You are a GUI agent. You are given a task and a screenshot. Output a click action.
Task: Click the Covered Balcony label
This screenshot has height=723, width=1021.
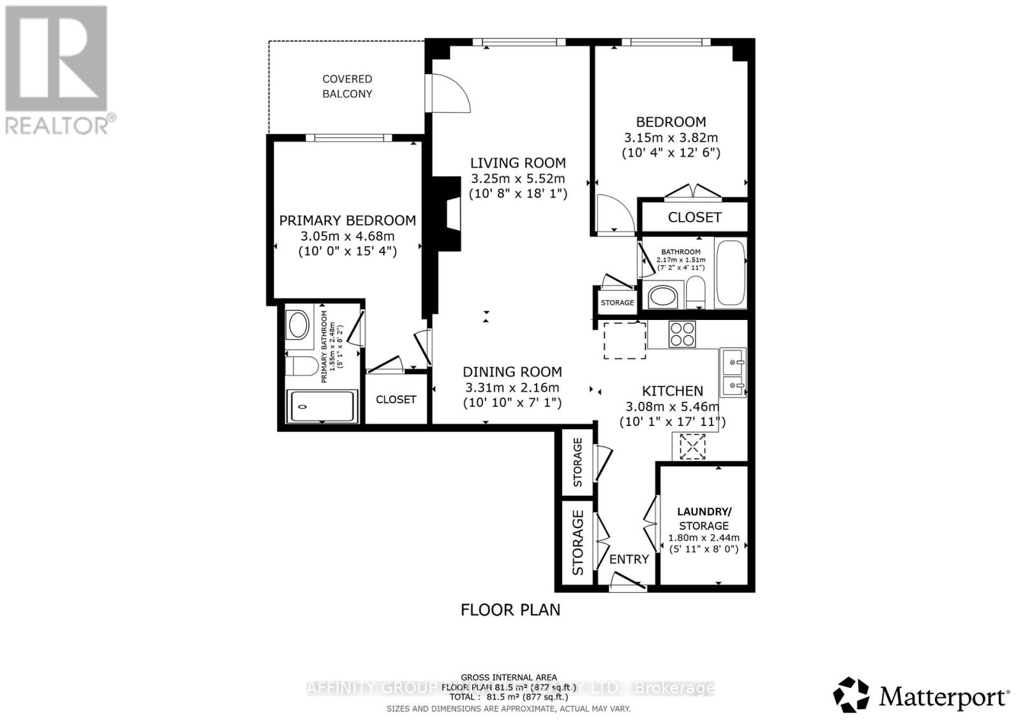pyautogui.click(x=347, y=86)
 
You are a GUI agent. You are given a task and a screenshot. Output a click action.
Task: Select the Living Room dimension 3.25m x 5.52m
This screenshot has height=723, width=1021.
pyautogui.click(x=518, y=178)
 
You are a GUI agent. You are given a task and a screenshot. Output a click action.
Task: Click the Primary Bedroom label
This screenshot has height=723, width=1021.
pyautogui.click(x=347, y=220)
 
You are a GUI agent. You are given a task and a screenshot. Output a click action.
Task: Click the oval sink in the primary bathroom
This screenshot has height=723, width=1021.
pyautogui.click(x=299, y=324)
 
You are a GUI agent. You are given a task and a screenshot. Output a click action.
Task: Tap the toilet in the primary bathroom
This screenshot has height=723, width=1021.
pyautogui.click(x=301, y=367)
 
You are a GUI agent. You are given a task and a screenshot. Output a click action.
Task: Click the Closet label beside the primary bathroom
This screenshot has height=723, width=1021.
pyautogui.click(x=396, y=399)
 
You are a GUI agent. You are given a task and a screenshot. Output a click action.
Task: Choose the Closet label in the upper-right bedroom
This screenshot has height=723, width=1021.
pyautogui.click(x=694, y=217)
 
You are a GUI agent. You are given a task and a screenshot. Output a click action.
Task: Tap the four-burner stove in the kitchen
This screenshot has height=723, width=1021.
pyautogui.click(x=682, y=333)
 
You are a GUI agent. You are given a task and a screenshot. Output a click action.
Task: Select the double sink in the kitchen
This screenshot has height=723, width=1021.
pyautogui.click(x=733, y=372)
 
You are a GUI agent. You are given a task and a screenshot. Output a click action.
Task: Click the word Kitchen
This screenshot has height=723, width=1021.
pyautogui.click(x=672, y=391)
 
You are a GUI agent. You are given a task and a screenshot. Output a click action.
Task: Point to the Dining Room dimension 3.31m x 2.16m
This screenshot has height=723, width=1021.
pyautogui.click(x=512, y=388)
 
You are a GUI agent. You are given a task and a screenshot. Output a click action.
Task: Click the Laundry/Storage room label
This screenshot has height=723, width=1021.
pyautogui.click(x=704, y=518)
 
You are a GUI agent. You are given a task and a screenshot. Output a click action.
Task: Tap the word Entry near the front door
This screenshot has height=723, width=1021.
pyautogui.click(x=629, y=559)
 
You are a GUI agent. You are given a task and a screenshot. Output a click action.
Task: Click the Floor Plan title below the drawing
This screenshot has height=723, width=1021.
pyautogui.click(x=510, y=609)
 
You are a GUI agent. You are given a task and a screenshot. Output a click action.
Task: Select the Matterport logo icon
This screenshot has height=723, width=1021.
pyautogui.click(x=851, y=694)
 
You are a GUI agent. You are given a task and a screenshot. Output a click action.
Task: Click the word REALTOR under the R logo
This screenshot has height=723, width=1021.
pyautogui.click(x=56, y=125)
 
